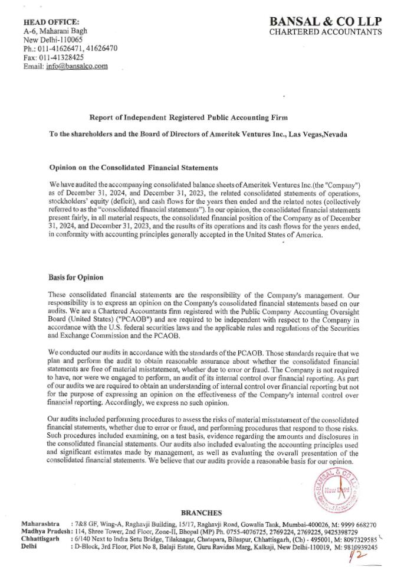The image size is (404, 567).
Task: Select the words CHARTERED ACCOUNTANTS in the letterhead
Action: click(326, 31)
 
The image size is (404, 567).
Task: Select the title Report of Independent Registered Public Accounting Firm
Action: click(189, 118)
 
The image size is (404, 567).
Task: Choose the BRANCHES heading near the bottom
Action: click(202, 513)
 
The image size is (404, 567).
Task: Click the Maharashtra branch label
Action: click(40, 524)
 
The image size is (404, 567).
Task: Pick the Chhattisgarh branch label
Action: click(40, 539)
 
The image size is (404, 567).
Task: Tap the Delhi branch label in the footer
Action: click(29, 547)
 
